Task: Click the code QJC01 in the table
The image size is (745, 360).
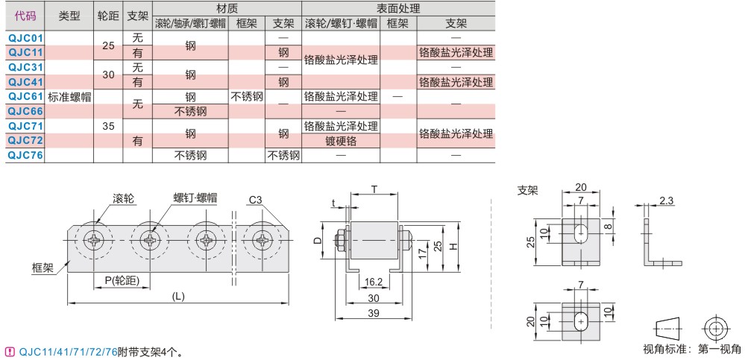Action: coord(25,37)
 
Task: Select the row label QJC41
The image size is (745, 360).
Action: coord(25,82)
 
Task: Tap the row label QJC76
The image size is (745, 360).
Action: coord(25,155)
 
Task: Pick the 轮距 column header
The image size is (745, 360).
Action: coord(107,16)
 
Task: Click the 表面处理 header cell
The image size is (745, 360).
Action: coord(398,9)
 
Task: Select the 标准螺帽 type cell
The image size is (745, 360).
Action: coord(69,96)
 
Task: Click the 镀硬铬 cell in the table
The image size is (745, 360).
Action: coord(341,141)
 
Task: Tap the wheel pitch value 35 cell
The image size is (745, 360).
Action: coord(107,126)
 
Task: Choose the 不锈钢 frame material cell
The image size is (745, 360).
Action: coord(247,96)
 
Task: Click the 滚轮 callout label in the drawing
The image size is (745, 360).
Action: coord(123,198)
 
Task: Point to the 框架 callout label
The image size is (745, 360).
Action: coord(43,266)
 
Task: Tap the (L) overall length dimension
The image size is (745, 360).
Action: coord(178,296)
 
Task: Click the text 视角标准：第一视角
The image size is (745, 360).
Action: coord(687,349)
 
